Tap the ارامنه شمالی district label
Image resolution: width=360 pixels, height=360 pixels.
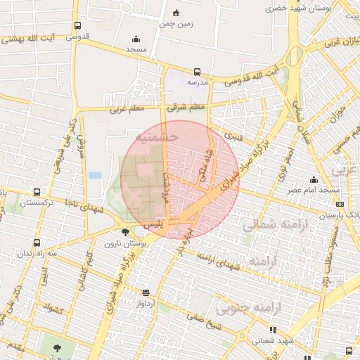(x=269, y=226)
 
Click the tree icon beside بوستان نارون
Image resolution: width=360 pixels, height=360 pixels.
(x=125, y=232)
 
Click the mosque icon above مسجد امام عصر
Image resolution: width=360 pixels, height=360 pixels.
(x=314, y=180)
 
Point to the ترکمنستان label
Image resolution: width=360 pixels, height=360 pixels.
(x=36, y=202)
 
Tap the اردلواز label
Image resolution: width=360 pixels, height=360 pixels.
(x=146, y=303)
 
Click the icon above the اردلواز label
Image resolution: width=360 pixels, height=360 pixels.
(x=146, y=292)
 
